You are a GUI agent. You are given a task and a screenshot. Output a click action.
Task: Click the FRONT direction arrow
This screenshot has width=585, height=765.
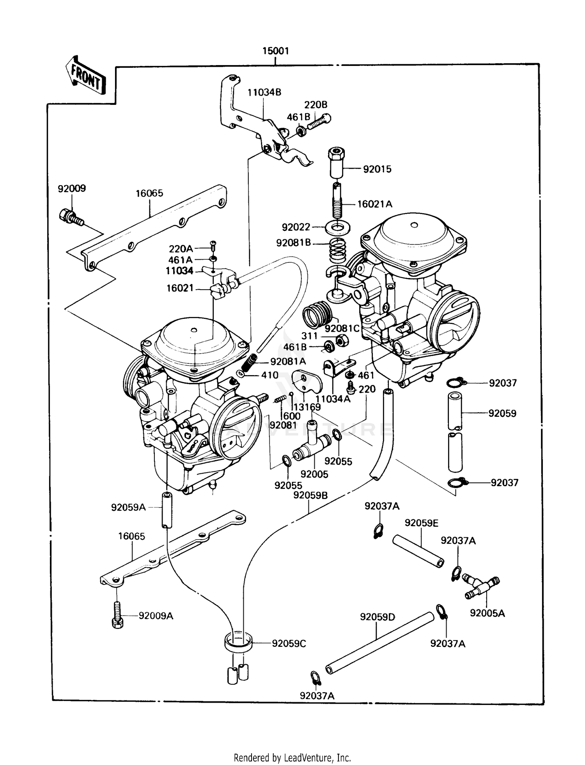tap(85, 76)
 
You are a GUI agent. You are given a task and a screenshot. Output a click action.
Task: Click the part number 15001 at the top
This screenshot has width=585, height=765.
tap(275, 51)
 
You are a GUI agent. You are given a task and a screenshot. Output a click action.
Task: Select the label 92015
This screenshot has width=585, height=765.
tap(377, 169)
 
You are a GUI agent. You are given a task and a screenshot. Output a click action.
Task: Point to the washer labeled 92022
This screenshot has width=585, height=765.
tap(337, 227)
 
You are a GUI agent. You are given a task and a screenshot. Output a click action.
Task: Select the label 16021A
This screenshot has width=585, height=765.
tap(374, 204)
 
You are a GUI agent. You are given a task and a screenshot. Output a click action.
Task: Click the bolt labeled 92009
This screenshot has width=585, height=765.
tap(72, 218)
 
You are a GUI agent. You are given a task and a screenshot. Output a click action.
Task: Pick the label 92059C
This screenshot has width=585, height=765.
tap(289, 643)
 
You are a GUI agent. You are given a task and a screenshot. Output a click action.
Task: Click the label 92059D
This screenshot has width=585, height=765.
tap(377, 617)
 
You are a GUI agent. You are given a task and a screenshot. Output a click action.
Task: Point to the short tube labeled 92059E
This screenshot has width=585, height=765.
tap(418, 552)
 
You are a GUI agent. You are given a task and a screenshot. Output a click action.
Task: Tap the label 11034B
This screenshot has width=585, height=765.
tap(264, 92)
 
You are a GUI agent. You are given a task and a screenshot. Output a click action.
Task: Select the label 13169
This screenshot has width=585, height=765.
tap(307, 407)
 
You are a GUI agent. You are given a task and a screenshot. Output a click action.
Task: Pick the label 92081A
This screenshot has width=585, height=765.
tap(288, 361)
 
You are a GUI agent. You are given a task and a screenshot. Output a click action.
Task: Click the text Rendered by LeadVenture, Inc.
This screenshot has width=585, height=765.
tap(292, 758)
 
